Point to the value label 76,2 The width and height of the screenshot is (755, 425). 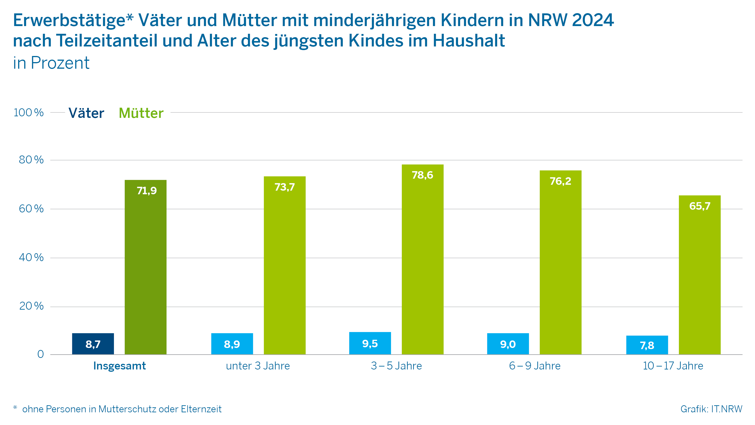coord(560,181)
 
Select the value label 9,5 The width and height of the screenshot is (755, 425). coord(370,343)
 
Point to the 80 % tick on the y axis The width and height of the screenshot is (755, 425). coord(31,160)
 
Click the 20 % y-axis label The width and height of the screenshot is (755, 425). coord(31,306)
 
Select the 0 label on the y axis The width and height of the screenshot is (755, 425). coord(41,354)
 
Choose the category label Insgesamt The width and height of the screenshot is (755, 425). coord(119,366)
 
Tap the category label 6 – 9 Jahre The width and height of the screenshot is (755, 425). coord(535,366)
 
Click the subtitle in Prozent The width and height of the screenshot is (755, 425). coord(51,63)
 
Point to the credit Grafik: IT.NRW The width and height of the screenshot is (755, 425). coord(711,409)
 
